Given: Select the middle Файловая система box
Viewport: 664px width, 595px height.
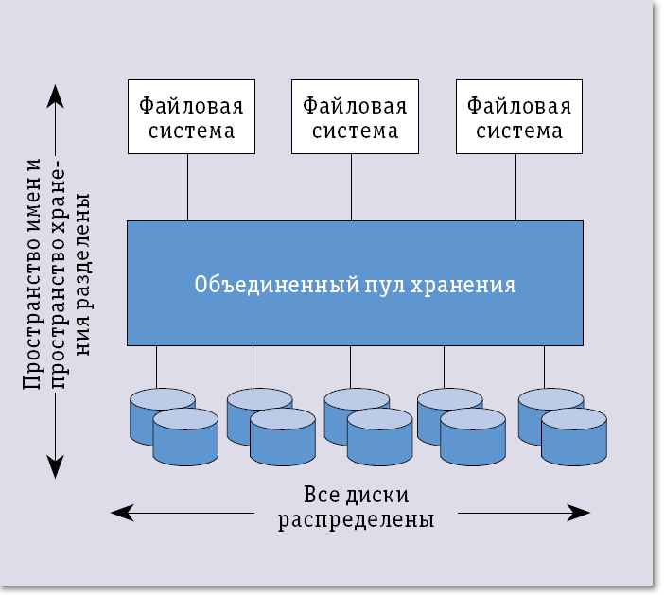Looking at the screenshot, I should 351,116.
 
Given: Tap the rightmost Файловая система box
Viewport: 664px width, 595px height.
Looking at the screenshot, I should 515,116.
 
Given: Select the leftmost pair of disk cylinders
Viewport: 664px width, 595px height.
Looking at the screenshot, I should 173,426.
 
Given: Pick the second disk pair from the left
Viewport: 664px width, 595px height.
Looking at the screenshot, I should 270,426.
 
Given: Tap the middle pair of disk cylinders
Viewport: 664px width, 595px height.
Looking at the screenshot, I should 367,426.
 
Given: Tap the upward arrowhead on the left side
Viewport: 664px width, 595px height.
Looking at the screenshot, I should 56,96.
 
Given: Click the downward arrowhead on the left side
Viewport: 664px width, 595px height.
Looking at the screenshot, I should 56,465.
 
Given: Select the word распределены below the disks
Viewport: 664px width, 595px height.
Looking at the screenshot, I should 357,520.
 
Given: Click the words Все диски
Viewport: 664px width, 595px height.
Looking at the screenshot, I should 357,496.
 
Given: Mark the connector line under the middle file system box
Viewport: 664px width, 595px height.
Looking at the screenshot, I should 351,186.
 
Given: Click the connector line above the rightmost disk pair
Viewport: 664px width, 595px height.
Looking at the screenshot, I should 544,367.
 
